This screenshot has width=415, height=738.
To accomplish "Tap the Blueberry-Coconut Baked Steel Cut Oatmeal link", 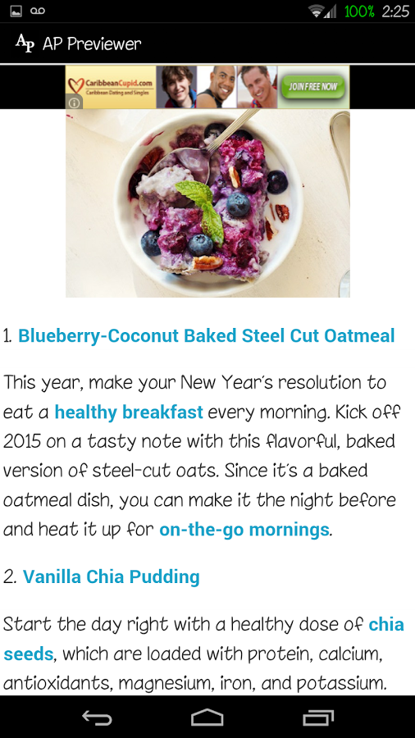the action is click(206, 336).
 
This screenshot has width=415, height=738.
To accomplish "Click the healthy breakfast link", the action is click(129, 412).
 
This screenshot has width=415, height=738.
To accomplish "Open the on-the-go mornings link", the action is click(244, 530).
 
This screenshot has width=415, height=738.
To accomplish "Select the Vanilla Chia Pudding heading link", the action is click(111, 576).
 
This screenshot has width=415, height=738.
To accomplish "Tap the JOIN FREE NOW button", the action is click(313, 87).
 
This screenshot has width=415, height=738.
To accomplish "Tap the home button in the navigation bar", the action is click(207, 717).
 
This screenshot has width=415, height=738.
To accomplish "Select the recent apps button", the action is click(318, 717).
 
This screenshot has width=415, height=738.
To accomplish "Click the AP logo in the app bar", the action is click(25, 43).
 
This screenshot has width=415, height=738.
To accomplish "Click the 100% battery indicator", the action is click(359, 11).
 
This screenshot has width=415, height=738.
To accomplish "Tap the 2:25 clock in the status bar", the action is click(395, 11).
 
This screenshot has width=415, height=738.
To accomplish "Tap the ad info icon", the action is click(75, 102).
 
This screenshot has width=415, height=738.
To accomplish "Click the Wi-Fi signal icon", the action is click(317, 11).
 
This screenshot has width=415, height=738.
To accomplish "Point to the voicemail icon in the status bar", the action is click(38, 11).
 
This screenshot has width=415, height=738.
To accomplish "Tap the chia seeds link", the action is click(203, 639).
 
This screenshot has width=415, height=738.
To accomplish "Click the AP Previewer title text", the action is click(92, 43).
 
